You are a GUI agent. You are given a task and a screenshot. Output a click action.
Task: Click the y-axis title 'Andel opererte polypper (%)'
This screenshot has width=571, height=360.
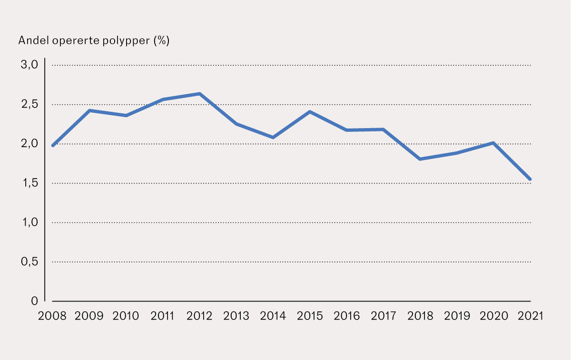(94, 41)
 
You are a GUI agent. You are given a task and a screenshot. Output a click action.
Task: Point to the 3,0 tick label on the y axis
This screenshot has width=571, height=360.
(28, 65)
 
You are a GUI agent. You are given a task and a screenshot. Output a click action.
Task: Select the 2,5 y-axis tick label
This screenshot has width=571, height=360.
(28, 105)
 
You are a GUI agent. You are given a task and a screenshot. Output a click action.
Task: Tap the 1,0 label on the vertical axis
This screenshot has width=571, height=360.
(28, 222)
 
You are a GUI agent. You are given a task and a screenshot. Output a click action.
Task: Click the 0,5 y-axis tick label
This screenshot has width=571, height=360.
(28, 262)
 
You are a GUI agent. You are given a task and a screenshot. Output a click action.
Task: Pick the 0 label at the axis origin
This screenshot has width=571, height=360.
(34, 301)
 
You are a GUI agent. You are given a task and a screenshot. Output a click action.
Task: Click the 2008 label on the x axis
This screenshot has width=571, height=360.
(52, 317)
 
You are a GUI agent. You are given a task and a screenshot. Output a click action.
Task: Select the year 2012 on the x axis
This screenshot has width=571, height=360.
(200, 317)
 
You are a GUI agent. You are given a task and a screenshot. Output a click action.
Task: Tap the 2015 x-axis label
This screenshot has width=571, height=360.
(310, 317)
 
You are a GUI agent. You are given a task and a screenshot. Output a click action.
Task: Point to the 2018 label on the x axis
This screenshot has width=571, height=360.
(421, 317)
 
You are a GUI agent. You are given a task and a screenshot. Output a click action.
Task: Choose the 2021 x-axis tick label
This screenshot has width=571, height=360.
(531, 317)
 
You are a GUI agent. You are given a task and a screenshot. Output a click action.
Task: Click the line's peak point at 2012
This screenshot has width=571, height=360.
(200, 94)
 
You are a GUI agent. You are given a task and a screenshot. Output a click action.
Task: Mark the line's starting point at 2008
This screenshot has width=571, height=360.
(53, 145)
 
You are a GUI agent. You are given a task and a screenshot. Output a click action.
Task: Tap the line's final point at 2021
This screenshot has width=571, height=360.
(530, 180)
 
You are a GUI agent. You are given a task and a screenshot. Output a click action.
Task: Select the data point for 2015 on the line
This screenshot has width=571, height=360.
(310, 112)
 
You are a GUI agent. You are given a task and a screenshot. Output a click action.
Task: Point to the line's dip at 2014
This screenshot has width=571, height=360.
(273, 137)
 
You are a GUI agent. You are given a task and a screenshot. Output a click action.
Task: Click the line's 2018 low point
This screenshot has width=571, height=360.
(420, 159)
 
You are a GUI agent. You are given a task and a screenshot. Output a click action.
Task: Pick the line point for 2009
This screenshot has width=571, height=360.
(89, 110)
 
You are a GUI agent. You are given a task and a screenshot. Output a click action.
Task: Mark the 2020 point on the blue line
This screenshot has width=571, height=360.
(493, 143)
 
